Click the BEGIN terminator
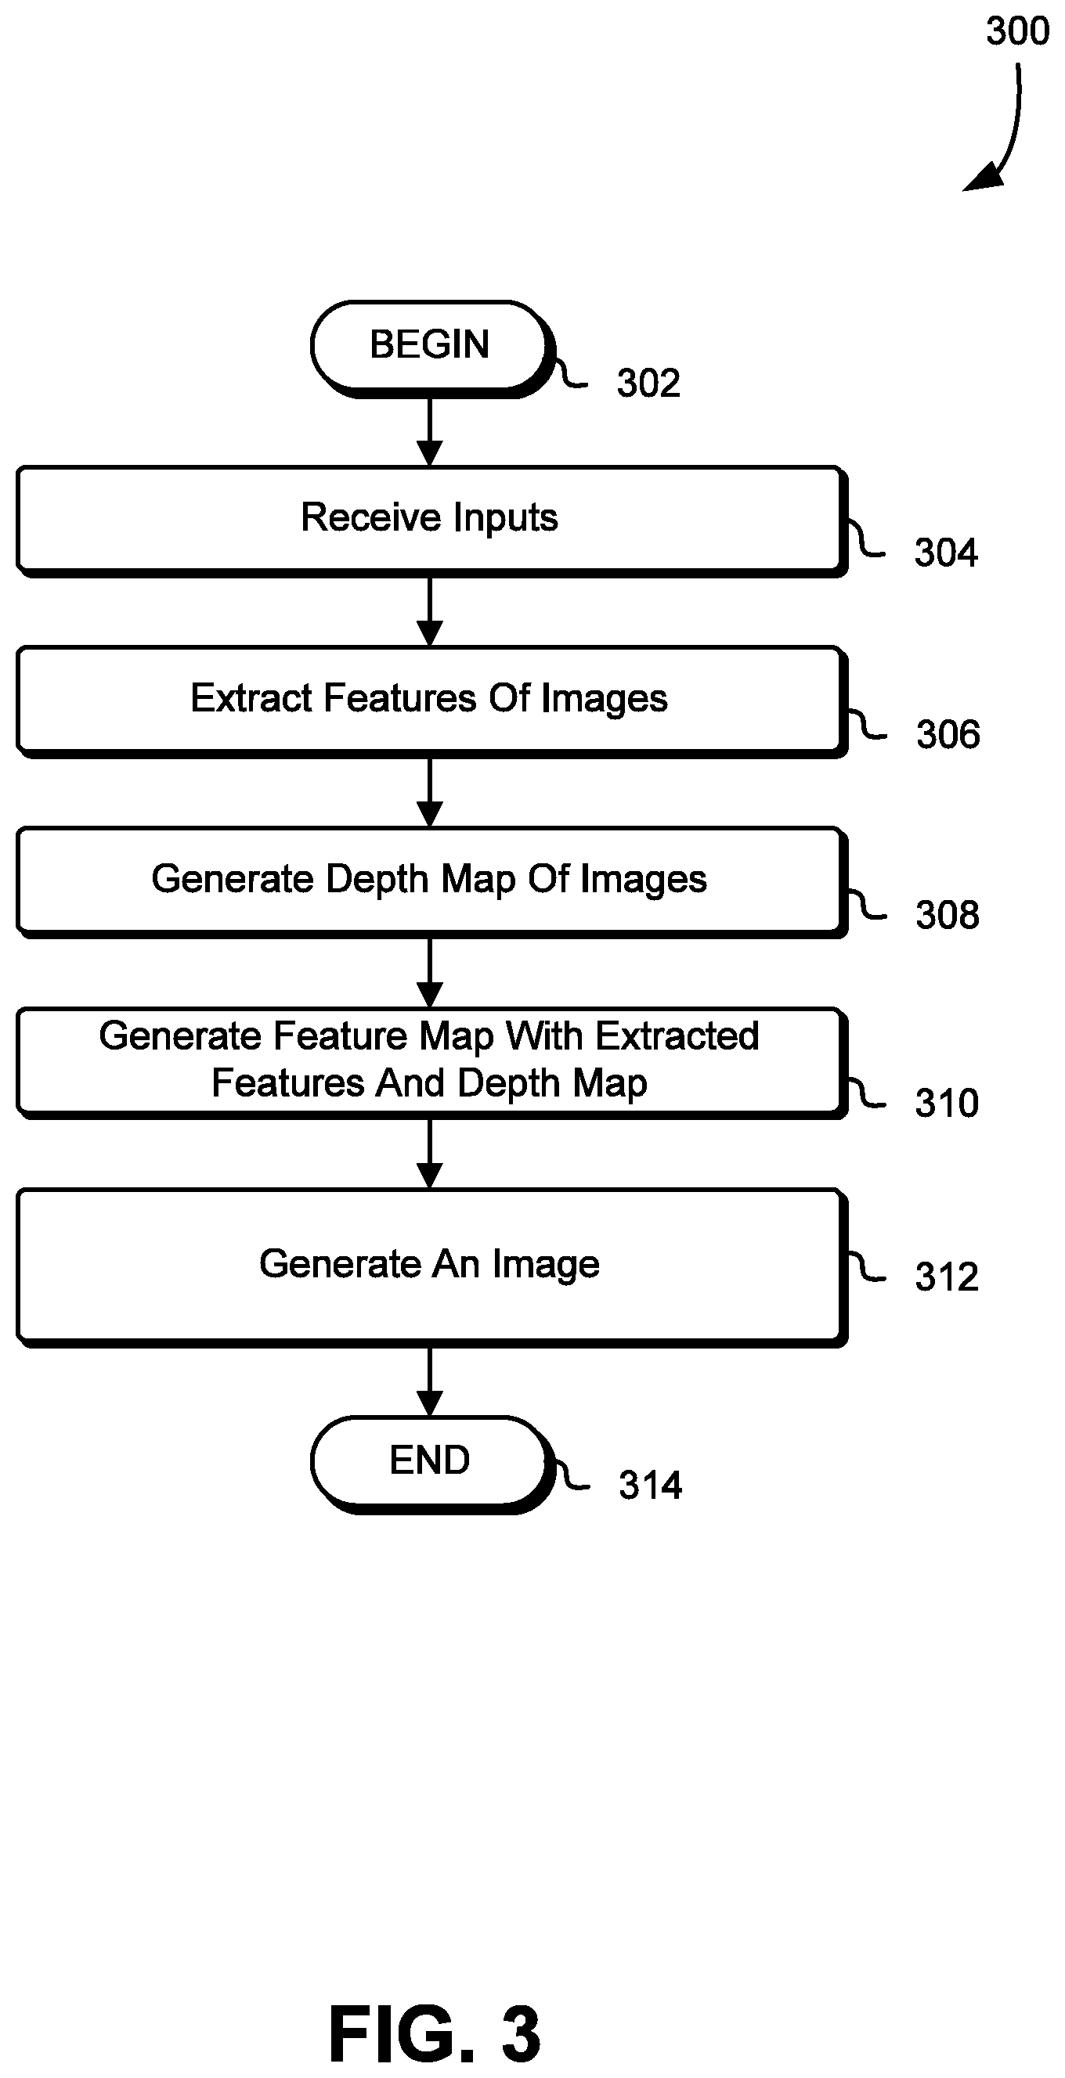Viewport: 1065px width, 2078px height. pos(431,348)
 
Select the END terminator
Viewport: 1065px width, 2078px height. pos(431,1464)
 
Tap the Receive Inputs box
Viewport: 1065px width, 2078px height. pos(431,521)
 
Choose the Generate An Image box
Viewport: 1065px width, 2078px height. pos(431,1267)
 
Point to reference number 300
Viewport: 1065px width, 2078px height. pos(1017,31)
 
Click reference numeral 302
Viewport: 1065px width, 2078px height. pos(648,383)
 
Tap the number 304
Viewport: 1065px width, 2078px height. pos(946,553)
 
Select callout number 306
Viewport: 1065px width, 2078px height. pos(948,735)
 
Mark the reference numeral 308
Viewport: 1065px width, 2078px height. pos(948,916)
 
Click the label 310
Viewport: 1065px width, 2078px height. pos(947,1104)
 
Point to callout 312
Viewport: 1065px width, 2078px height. pos(947,1277)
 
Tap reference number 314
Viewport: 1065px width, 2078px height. pos(650,1485)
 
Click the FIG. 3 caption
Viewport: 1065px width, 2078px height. pos(434,2033)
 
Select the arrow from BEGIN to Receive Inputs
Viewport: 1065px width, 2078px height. pos(430,432)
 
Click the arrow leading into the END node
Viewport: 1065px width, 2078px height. pos(430,1382)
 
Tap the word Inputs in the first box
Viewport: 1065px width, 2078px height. pos(505,519)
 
